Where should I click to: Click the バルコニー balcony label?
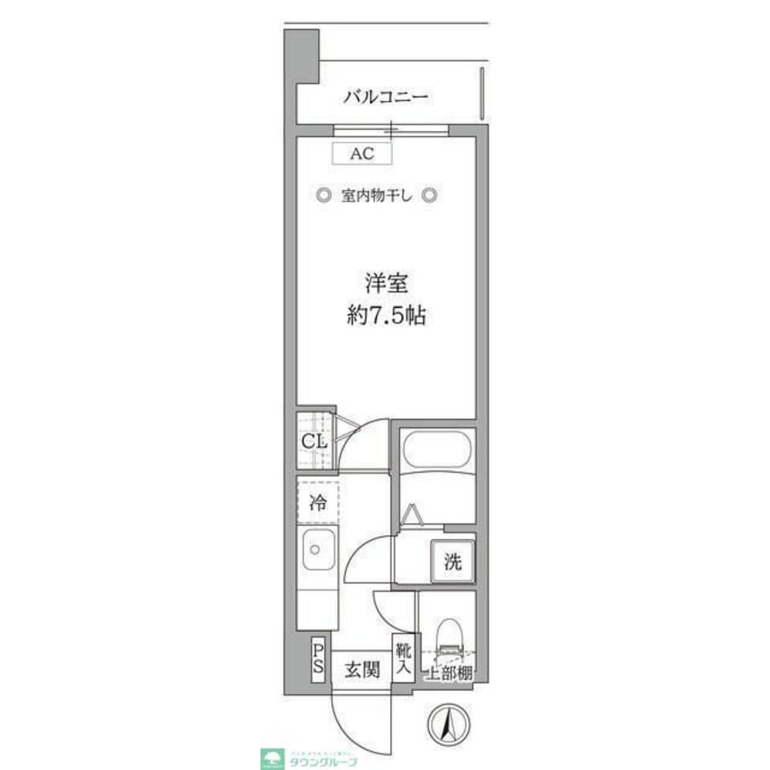tap(385, 98)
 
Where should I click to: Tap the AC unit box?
tap(361, 153)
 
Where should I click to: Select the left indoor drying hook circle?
tap(324, 195)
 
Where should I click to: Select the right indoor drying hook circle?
tap(432, 195)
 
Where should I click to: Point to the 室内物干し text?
tap(378, 196)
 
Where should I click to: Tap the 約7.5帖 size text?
tap(385, 316)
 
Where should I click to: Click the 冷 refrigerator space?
tap(317, 504)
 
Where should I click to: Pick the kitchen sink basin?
tap(317, 550)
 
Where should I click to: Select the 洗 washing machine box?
tap(452, 561)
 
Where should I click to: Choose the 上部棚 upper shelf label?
tap(450, 672)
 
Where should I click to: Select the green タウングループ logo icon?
tap(273, 758)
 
